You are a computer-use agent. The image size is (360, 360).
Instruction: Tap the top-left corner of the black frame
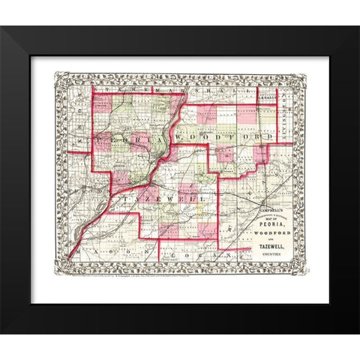coord(2,28)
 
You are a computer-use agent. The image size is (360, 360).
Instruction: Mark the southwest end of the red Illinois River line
coord(70,258)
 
